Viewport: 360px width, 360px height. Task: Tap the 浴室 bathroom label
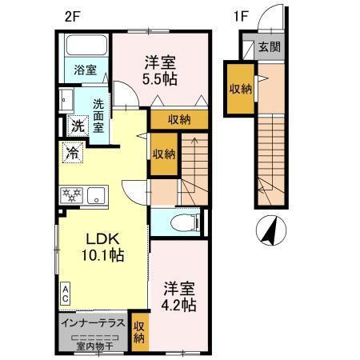point(86,70)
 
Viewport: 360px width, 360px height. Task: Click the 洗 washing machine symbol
point(77,125)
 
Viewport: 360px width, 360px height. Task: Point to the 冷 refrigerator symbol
point(72,150)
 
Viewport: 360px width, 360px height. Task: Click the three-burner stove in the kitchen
point(71,194)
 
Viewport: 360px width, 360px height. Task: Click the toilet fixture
point(178,223)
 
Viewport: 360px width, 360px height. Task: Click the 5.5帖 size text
point(161,78)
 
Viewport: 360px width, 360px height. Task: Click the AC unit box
point(66,293)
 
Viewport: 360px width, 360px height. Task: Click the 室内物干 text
point(90,346)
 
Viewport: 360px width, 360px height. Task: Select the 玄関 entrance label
point(269,48)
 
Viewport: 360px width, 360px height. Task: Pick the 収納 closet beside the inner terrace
point(139,332)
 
